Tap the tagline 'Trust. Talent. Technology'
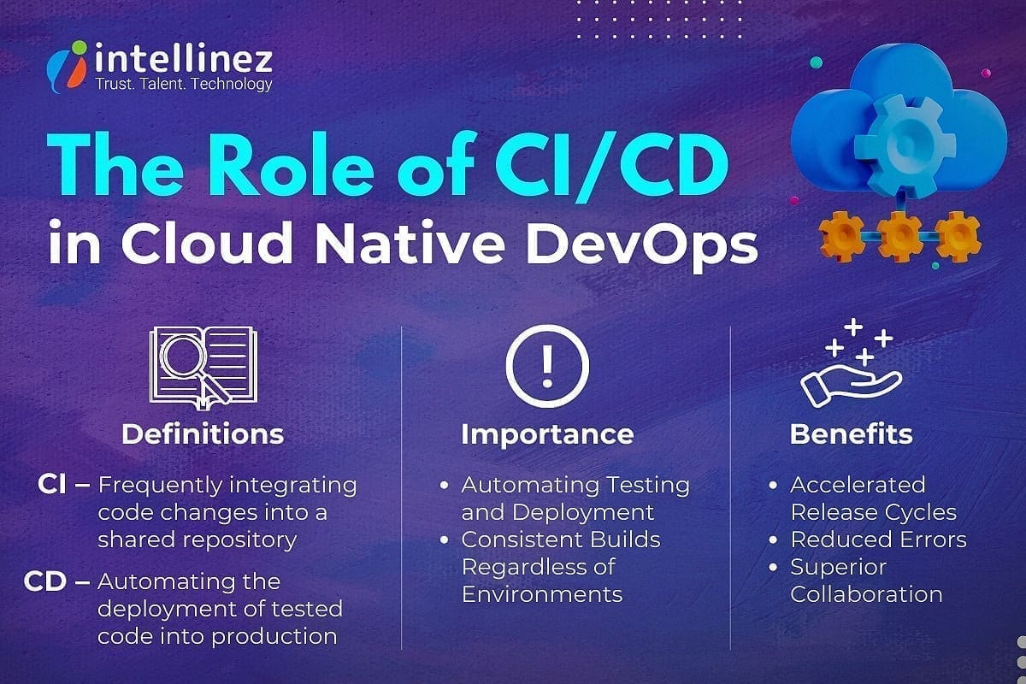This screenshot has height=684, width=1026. [x=185, y=84]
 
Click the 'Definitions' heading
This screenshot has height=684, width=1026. [x=203, y=433]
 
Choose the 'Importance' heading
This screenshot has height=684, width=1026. [x=547, y=433]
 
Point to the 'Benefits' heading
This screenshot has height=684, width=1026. [x=851, y=433]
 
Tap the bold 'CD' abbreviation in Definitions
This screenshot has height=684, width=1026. [x=46, y=582]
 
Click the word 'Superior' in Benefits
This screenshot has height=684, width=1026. [x=827, y=567]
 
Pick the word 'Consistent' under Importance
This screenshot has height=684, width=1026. [x=516, y=540]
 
